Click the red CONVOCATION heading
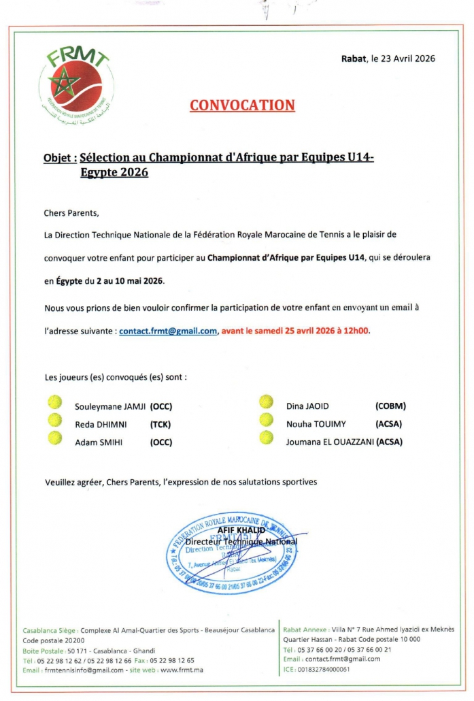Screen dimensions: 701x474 tap(242, 105)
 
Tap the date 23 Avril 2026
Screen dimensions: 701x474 tap(403, 59)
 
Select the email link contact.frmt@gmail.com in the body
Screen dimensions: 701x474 tap(168, 331)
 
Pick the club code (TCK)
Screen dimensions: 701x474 tap(160, 424)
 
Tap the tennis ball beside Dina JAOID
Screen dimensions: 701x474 tap(266, 403)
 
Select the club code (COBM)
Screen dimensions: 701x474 tap(390, 406)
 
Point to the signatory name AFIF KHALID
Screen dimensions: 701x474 tap(241, 530)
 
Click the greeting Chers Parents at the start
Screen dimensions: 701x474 tap(71, 212)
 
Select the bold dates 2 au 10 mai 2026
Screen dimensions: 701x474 tap(131, 281)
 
